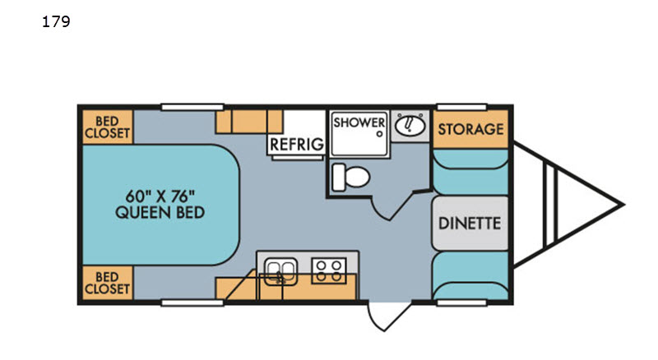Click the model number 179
(56, 21)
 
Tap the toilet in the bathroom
(351, 177)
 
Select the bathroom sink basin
(410, 125)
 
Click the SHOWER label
(359, 122)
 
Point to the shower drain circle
(379, 134)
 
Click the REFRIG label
(297, 145)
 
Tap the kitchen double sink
(280, 271)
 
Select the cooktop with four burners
(328, 270)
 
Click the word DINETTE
(470, 224)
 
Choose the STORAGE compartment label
(470, 129)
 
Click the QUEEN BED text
(160, 212)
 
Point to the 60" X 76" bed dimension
(160, 196)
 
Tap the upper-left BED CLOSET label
(107, 127)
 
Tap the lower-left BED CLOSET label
(107, 283)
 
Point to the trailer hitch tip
(624, 205)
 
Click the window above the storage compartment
(461, 108)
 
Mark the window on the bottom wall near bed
(192, 302)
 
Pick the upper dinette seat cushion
(470, 172)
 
